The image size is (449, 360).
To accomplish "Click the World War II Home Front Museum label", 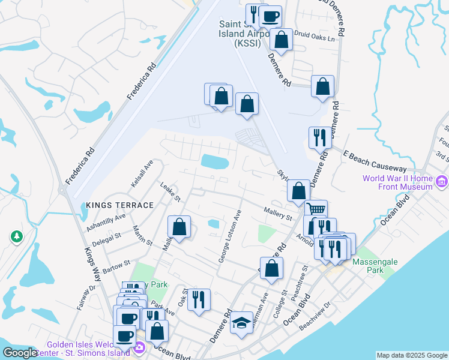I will [397, 182].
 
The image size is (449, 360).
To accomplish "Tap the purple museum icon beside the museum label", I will [442, 181].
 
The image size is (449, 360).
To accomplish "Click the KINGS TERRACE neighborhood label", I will [120, 205].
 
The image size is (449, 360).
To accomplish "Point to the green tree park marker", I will [16, 238].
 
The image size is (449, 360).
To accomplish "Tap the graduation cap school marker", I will [241, 323].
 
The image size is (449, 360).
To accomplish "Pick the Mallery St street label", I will [278, 212].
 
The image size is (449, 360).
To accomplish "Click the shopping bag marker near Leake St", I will [179, 226].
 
